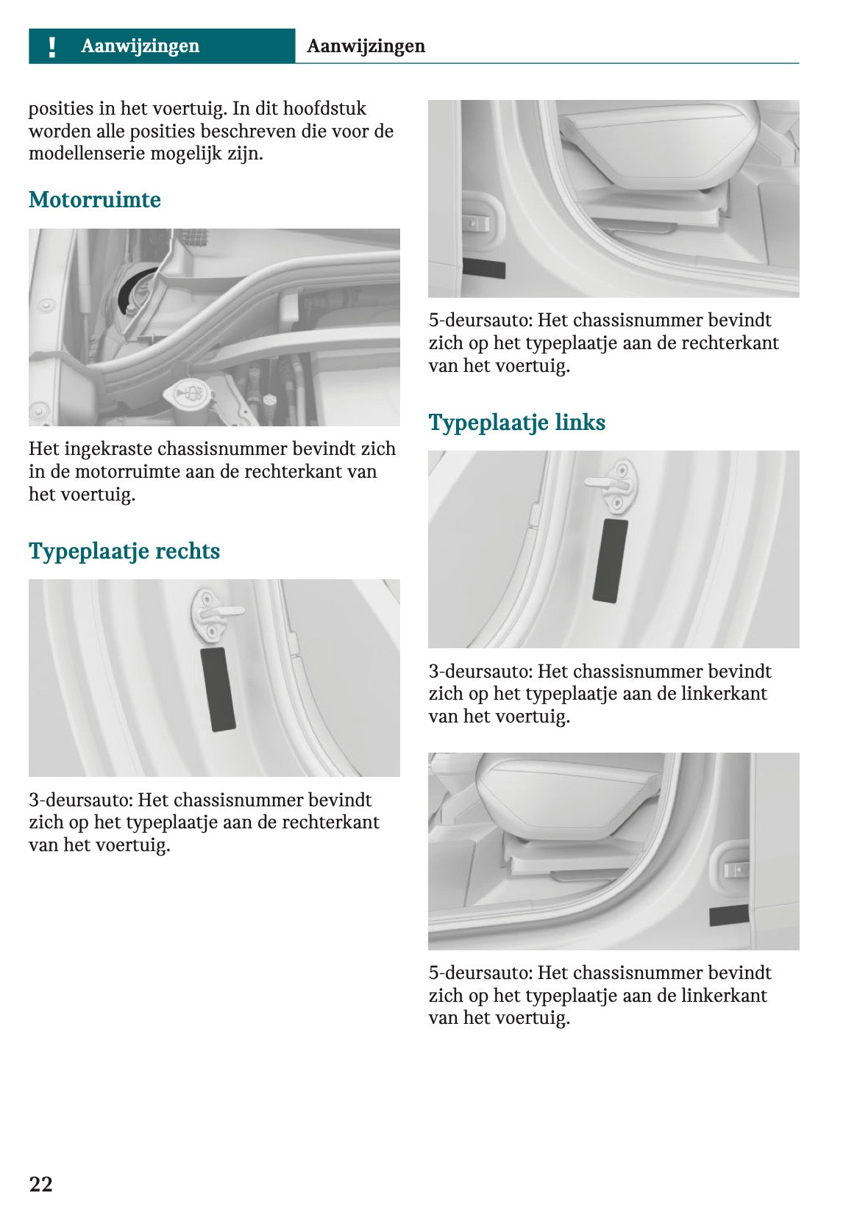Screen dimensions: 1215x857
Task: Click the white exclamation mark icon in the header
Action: pos(51,46)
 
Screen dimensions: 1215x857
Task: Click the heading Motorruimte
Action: pos(94,200)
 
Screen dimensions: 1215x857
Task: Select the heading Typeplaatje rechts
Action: pos(124,551)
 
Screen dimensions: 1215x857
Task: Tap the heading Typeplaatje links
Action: pos(516,423)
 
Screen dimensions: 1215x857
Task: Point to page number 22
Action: pos(40,1184)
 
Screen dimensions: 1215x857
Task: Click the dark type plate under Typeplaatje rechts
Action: pos(218,689)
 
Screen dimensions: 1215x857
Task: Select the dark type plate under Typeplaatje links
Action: pos(610,561)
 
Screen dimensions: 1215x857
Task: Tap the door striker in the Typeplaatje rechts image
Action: pos(213,612)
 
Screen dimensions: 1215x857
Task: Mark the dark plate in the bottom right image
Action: pos(728,916)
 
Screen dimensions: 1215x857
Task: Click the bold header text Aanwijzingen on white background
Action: pos(366,46)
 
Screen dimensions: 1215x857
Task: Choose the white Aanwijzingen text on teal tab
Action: pos(140,46)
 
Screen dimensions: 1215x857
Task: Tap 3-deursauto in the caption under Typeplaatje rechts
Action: pos(80,800)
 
